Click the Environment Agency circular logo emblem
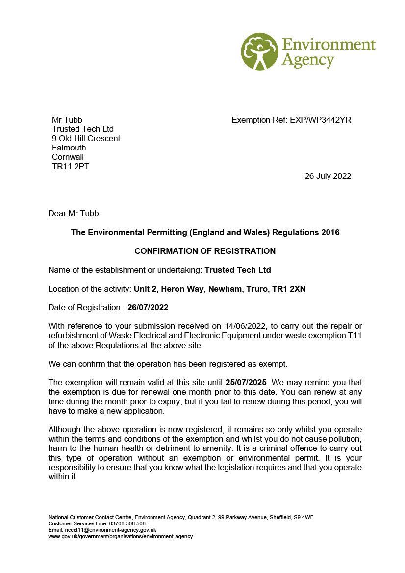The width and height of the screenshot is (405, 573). point(259,51)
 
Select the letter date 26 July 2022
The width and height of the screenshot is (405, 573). point(328,176)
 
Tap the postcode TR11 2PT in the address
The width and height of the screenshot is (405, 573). point(71,166)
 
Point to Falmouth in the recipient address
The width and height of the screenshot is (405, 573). point(69,148)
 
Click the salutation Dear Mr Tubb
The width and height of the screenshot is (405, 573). point(73,213)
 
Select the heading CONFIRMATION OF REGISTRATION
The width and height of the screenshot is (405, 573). point(205,251)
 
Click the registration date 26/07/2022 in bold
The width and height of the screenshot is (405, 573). point(148,307)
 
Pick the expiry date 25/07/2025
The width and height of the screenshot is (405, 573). point(246,382)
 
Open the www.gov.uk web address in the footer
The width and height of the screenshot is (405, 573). point(120,536)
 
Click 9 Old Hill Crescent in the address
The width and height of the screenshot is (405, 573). point(86,138)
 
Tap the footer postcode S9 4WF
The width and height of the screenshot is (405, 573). point(304,517)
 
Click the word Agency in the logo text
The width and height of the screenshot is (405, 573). point(307,61)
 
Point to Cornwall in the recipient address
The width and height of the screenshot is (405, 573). point(68,157)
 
